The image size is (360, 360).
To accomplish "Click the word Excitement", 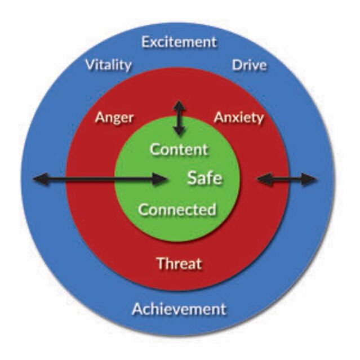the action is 179,42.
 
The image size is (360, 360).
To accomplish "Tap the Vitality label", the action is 108,65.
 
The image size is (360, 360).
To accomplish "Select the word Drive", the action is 249,65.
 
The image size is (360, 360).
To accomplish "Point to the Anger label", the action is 114,118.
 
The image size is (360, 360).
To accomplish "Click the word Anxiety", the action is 238,118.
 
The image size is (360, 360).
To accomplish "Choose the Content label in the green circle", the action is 179,149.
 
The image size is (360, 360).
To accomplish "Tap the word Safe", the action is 205,178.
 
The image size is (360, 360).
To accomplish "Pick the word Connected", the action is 177,210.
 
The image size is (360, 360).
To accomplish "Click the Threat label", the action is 179,263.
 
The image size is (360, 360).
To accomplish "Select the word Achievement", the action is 179,309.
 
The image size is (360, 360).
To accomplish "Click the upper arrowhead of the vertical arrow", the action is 179,106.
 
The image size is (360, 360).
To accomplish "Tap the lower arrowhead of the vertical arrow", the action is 179,131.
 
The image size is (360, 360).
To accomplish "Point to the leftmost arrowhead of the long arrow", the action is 41,179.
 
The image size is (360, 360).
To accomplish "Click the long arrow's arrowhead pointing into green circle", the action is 159,179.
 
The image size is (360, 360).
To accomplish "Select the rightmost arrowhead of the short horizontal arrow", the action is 309,180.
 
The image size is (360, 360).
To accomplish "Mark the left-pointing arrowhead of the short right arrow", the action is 264,179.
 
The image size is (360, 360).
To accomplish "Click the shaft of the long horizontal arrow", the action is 100,179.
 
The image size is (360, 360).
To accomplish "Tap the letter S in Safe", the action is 192,178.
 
